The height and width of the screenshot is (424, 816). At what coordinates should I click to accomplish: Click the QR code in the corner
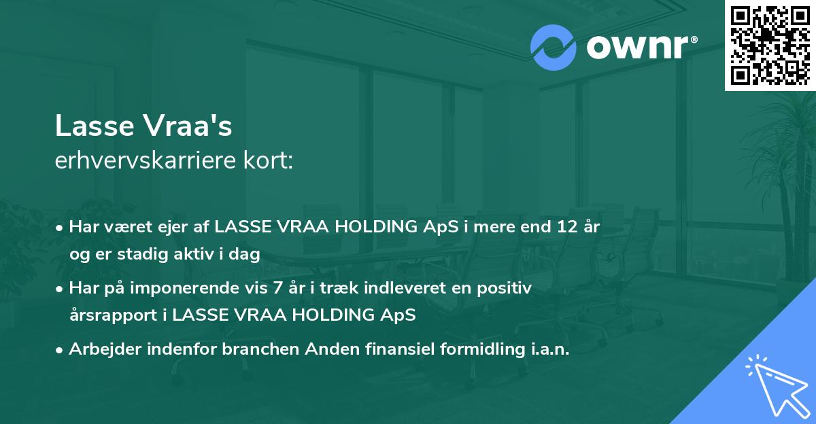770,45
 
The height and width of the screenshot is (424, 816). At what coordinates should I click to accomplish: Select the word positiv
507,288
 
